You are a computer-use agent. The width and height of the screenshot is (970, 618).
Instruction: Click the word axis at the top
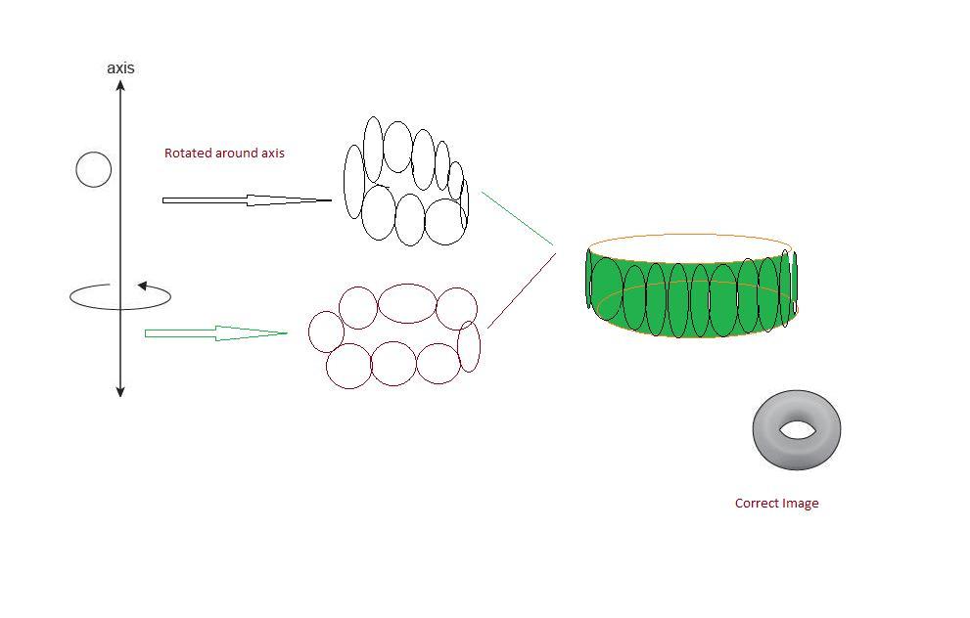pyautogui.click(x=120, y=67)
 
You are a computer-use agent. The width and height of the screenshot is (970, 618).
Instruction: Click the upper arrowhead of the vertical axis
pyautogui.click(x=120, y=86)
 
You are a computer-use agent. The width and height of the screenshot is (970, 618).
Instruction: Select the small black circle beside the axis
pyautogui.click(x=94, y=169)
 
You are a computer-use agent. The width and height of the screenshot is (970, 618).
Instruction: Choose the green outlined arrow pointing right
pyautogui.click(x=215, y=333)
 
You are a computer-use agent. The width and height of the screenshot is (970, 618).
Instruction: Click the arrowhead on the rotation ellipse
pyautogui.click(x=143, y=287)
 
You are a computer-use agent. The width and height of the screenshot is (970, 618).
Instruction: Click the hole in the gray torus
pyautogui.click(x=797, y=429)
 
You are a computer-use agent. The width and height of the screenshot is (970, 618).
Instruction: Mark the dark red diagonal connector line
pyautogui.click(x=521, y=290)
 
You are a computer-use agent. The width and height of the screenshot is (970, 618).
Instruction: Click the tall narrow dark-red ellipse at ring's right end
pyautogui.click(x=469, y=346)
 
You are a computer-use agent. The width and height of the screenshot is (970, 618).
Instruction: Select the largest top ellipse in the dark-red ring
pyautogui.click(x=407, y=303)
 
